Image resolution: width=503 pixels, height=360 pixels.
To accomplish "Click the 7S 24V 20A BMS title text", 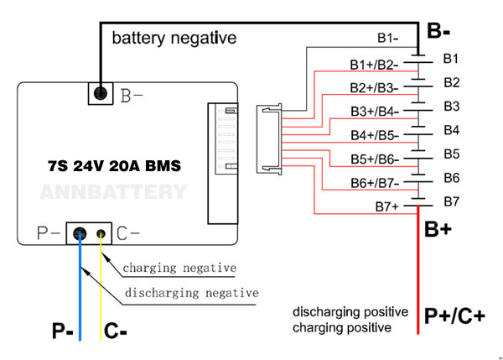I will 114,166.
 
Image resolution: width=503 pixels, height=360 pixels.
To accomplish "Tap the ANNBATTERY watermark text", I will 114,192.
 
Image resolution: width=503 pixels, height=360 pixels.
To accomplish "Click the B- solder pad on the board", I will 101,94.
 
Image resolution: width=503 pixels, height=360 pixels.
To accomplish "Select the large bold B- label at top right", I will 440,31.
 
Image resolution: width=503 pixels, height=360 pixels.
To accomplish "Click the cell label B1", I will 451,58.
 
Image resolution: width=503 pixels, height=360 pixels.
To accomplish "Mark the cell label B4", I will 451,130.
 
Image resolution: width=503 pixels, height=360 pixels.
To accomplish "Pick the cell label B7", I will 451,201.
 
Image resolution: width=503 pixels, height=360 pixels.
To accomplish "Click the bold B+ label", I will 439,229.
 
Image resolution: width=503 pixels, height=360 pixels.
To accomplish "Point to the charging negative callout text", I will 179,269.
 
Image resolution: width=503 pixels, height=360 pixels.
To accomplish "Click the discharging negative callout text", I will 191,293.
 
